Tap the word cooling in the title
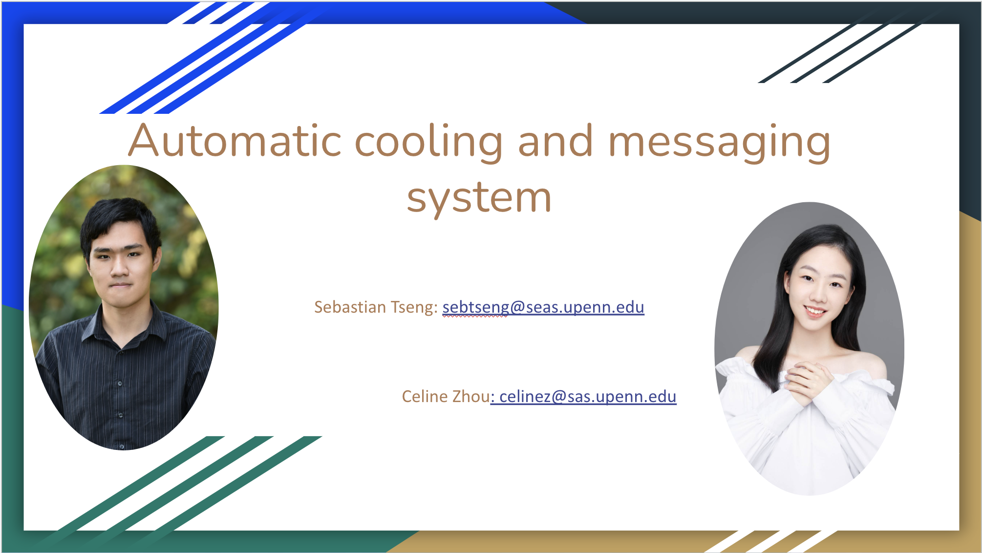(428, 142)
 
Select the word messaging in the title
(719, 142)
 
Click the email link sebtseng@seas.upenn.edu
(543, 307)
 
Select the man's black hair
(120, 220)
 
